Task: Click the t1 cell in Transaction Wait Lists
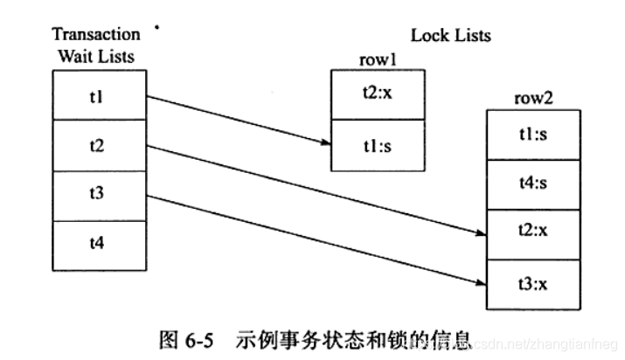click(97, 94)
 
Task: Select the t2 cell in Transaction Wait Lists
click(97, 144)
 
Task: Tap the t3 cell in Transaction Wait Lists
click(97, 194)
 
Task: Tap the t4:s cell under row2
click(532, 184)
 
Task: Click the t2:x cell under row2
click(532, 232)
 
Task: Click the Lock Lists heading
click(451, 36)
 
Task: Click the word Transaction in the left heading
click(96, 34)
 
